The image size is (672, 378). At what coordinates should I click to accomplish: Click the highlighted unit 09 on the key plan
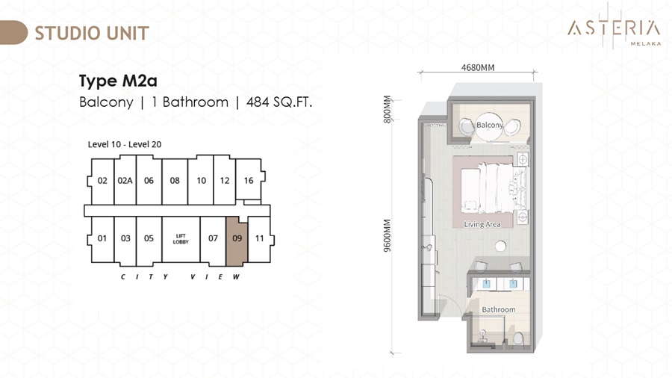coord(237,241)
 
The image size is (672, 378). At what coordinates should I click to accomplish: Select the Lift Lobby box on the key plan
coord(181,239)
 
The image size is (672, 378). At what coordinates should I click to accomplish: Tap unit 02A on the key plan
coord(125,180)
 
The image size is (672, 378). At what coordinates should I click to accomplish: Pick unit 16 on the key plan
coord(249,180)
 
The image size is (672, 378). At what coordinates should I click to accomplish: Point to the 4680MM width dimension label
coord(478,67)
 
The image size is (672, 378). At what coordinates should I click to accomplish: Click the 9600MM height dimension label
coord(387,236)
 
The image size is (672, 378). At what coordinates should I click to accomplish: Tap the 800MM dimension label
coord(387,109)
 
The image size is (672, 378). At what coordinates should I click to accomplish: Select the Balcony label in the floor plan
coord(490,126)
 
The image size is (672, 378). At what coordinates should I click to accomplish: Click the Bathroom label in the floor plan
coord(499,309)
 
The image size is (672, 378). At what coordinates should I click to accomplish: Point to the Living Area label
coord(482,224)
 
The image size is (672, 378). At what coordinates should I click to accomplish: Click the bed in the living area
coord(488,188)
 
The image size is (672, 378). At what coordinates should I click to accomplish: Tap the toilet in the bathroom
coord(517,339)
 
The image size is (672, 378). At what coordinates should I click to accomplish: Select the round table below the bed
coord(500,247)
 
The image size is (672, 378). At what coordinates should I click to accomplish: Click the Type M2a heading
coord(118,81)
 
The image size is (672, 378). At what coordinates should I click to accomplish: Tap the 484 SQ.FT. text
coord(279,102)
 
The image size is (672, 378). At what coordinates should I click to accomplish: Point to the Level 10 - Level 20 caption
coord(125,144)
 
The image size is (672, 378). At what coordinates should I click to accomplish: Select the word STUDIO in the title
coord(67,34)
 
